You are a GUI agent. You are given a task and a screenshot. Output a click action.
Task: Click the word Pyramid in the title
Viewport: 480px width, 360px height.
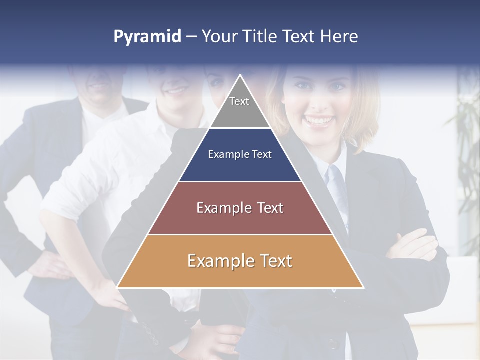(x=147, y=37)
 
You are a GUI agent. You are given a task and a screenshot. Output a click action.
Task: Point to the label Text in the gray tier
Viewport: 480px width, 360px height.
(x=239, y=101)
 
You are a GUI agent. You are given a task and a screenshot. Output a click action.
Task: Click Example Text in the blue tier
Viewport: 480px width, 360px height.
(x=240, y=154)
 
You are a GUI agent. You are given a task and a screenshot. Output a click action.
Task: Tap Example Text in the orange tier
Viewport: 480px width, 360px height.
(x=240, y=261)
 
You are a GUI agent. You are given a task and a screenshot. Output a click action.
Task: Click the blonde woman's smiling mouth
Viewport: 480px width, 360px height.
(x=319, y=120)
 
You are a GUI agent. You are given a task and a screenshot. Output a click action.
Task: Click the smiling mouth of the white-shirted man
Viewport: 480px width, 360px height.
(x=176, y=91)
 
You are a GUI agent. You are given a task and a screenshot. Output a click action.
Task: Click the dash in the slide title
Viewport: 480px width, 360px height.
(x=191, y=37)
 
